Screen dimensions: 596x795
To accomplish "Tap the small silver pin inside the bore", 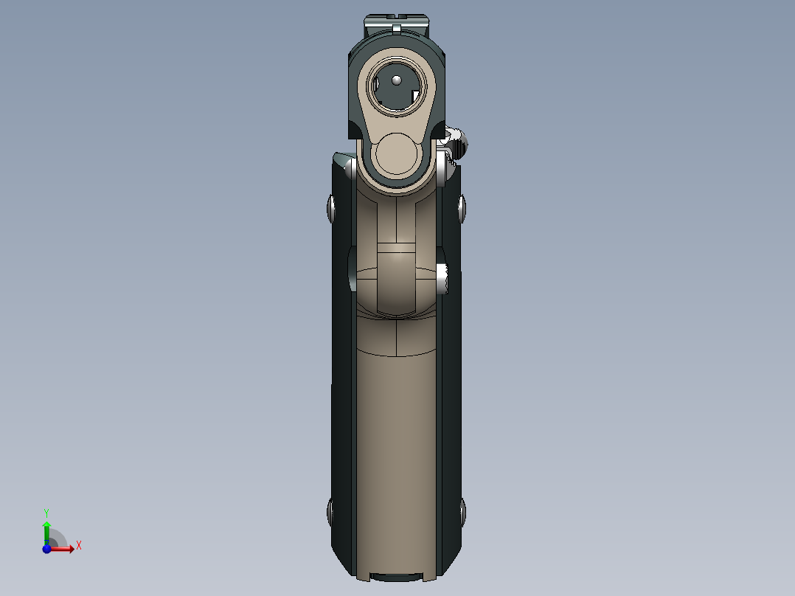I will (x=396, y=79).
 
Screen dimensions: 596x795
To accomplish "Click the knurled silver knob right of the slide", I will (x=457, y=143).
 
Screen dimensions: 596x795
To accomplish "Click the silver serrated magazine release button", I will (x=444, y=279).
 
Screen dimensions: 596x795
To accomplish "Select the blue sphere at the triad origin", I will (x=47, y=548).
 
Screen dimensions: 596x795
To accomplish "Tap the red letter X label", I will (x=78, y=546).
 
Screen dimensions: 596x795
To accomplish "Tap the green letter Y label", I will (x=46, y=512).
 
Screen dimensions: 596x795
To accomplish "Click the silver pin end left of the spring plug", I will (x=352, y=170).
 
